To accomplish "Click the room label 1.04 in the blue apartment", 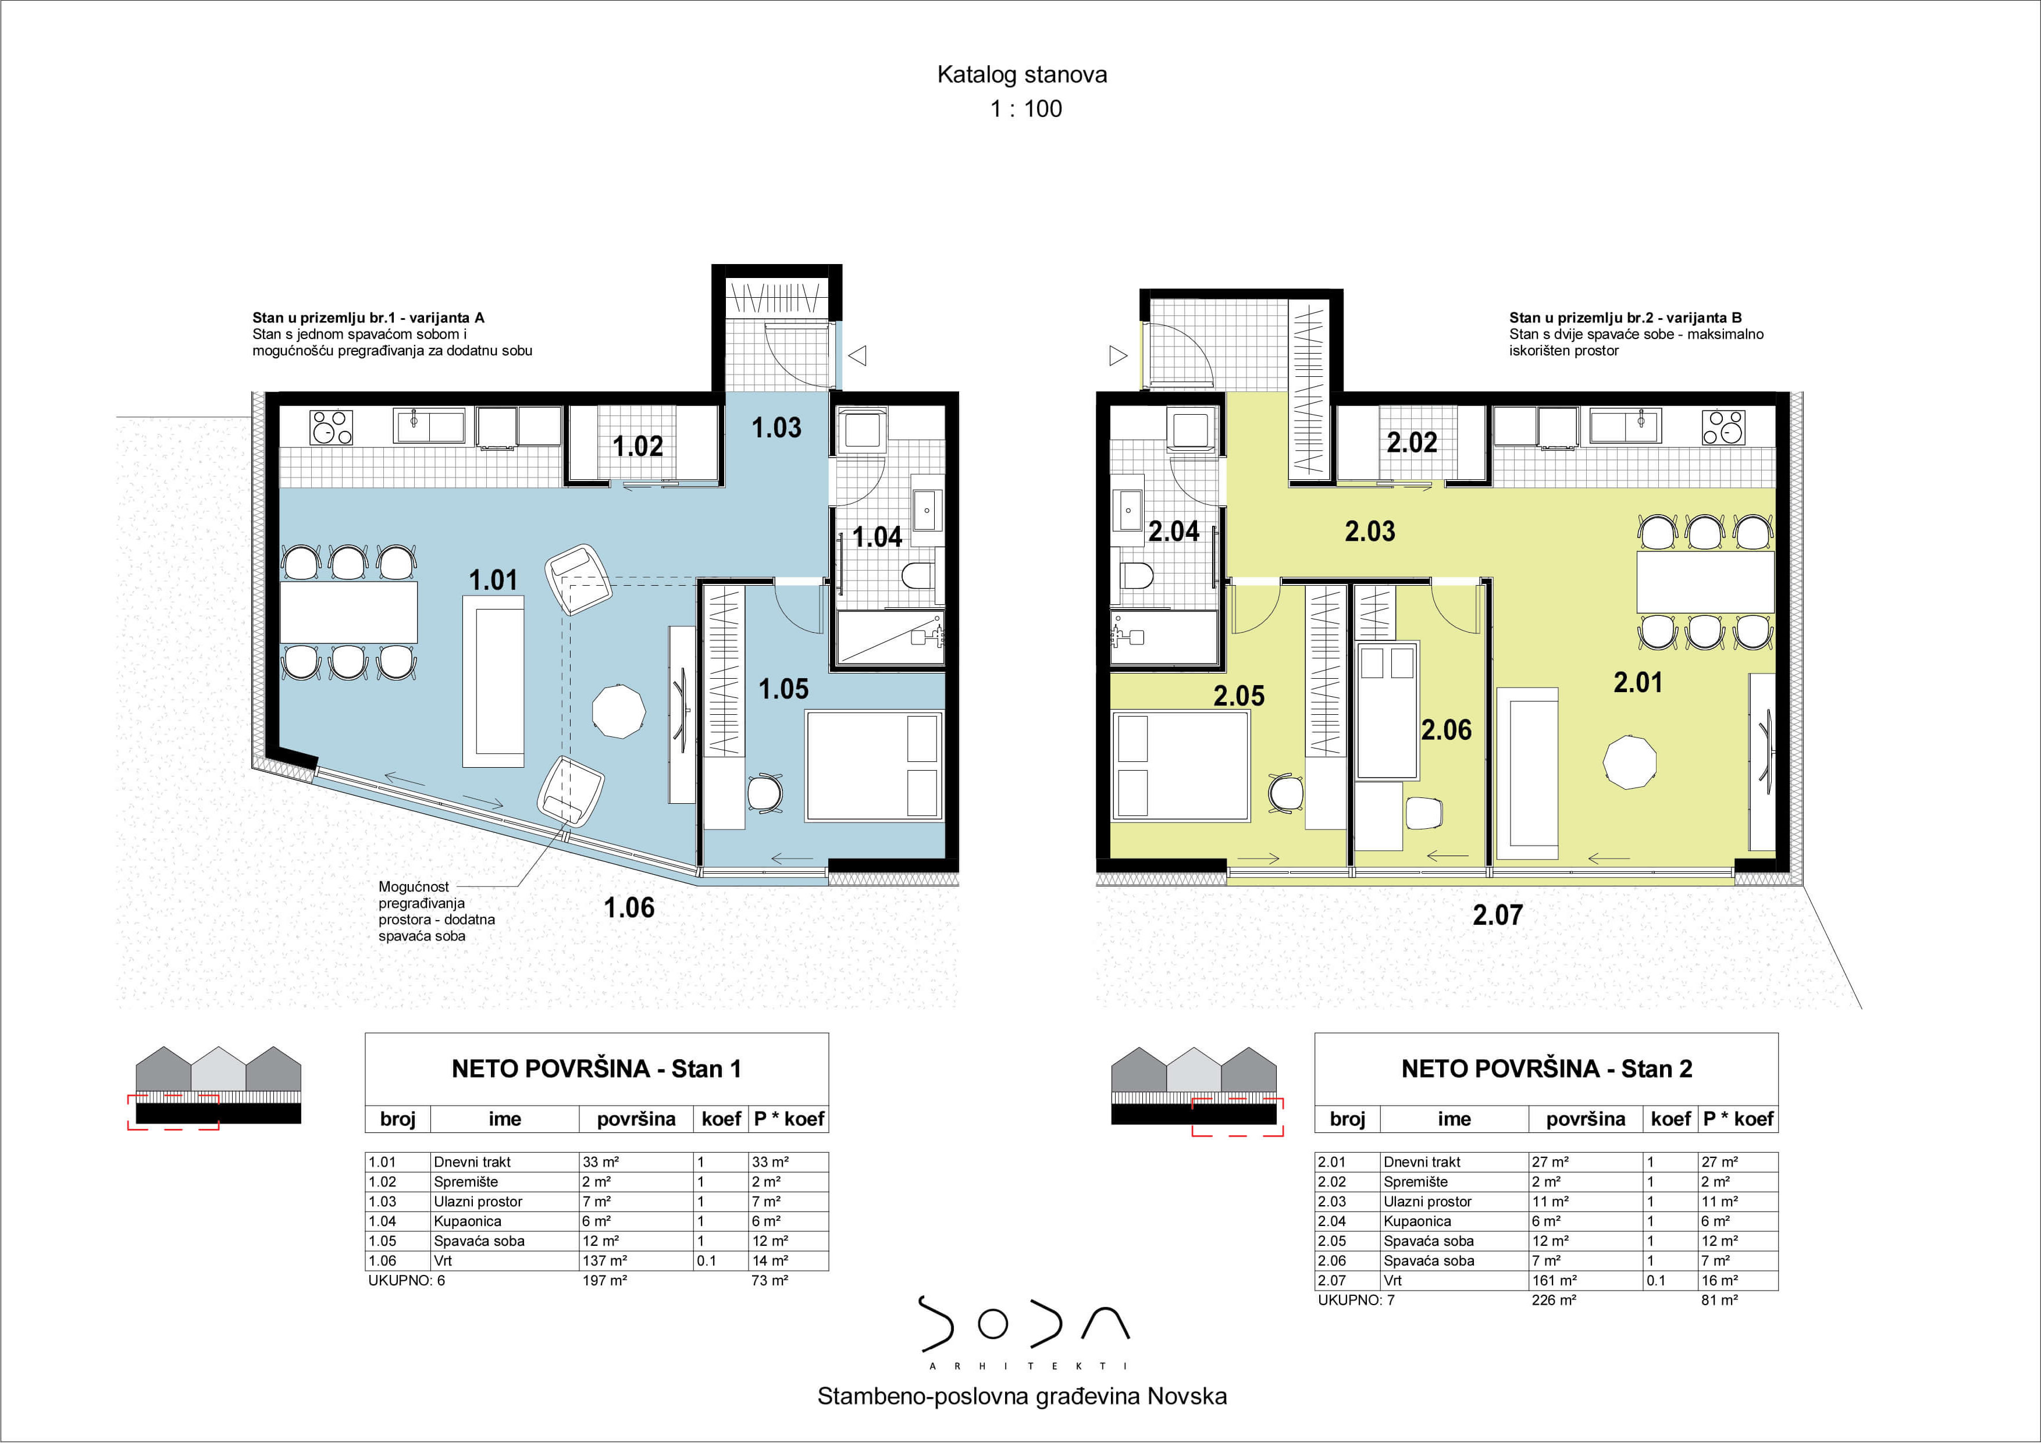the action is [877, 537].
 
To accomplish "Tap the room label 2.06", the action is [1447, 730].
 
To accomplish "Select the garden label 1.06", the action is [629, 908].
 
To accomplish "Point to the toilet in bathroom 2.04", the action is [1136, 576].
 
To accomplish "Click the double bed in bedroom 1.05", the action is [874, 765].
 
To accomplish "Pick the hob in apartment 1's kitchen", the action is [331, 427].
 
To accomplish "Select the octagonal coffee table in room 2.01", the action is [1629, 762].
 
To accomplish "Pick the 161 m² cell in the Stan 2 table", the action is [1554, 1280].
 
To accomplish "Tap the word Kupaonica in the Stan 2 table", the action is [1417, 1221].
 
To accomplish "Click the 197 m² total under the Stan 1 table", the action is [604, 1280].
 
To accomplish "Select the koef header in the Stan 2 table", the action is [1670, 1118].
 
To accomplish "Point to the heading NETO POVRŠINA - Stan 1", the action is [596, 1068].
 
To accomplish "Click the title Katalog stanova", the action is [1023, 74].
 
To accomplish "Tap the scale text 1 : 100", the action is [1026, 108].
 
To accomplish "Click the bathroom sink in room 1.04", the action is [927, 510].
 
